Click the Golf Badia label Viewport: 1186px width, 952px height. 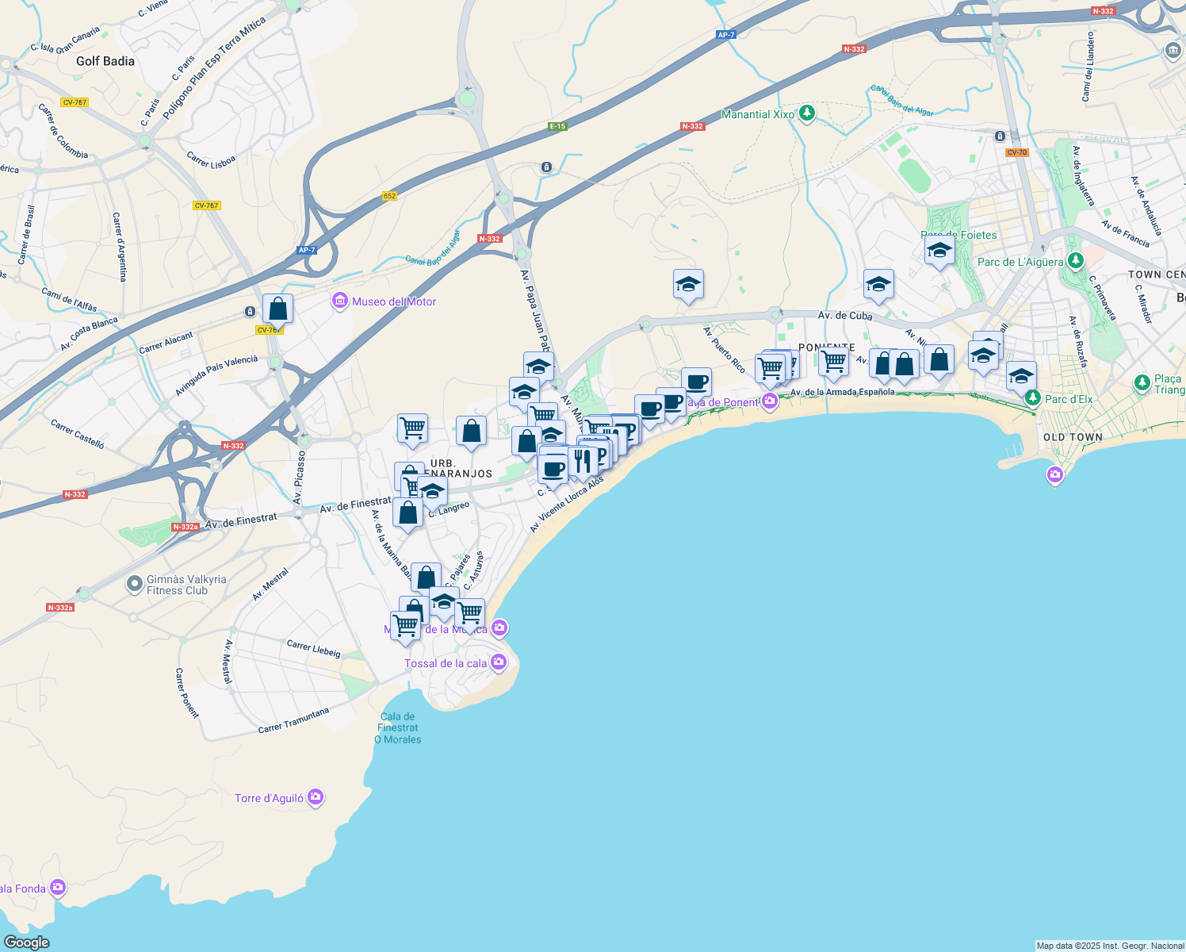[105, 61]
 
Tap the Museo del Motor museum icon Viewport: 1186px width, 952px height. [340, 301]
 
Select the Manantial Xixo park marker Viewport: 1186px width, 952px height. [807, 113]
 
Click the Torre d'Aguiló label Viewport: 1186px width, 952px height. [269, 798]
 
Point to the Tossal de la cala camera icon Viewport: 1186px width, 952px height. [498, 662]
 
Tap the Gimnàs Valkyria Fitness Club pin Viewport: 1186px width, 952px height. [135, 585]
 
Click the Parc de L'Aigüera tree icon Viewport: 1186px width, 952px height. [1075, 260]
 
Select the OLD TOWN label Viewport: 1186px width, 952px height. [1073, 437]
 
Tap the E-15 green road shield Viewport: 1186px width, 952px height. [557, 126]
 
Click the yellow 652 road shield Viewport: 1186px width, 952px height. [389, 196]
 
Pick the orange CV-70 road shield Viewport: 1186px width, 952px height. [1016, 152]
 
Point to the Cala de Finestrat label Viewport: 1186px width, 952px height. [397, 727]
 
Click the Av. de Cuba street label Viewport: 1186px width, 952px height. [844, 316]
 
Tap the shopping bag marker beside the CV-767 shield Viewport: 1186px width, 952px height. [277, 308]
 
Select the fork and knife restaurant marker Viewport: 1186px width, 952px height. [583, 461]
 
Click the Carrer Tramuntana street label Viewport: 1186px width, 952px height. [293, 720]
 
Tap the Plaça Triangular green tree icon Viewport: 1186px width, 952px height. [1142, 383]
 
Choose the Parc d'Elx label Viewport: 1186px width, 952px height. [1068, 399]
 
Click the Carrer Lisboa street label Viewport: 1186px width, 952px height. [211, 159]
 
